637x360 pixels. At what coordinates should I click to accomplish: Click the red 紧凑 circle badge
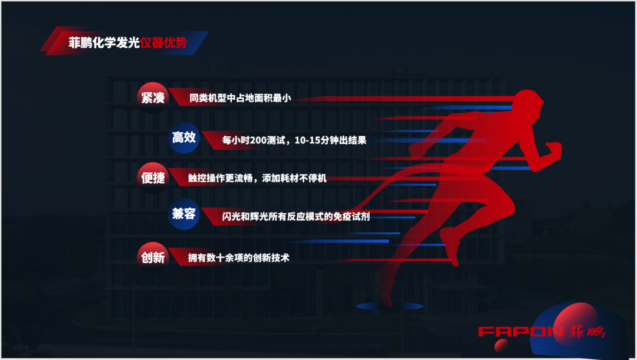pyautogui.click(x=153, y=97)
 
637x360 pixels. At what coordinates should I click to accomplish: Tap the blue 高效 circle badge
pyautogui.click(x=183, y=138)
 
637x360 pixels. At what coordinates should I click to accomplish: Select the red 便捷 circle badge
pyautogui.click(x=153, y=178)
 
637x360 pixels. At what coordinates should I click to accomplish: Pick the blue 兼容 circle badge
pyautogui.click(x=183, y=214)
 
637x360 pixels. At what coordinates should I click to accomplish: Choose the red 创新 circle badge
pyautogui.click(x=153, y=257)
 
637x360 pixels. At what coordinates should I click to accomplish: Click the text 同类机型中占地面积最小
pyautogui.click(x=241, y=99)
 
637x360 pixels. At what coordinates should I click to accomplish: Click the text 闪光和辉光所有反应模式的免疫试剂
pyautogui.click(x=287, y=216)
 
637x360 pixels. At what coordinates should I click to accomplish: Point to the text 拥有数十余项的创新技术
pyautogui.click(x=238, y=258)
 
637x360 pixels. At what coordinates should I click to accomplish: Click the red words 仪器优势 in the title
pyautogui.click(x=164, y=42)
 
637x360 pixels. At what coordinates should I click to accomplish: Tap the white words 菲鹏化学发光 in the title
pyautogui.click(x=104, y=42)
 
